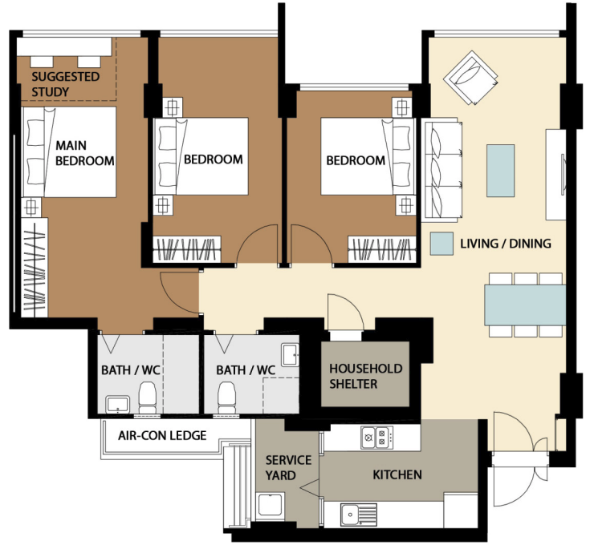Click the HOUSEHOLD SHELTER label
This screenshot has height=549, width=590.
pyautogui.click(x=366, y=376)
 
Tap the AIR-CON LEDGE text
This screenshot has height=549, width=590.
pyautogui.click(x=162, y=435)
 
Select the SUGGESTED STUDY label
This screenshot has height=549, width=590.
pyautogui.click(x=66, y=84)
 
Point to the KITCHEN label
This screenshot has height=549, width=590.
pyautogui.click(x=397, y=475)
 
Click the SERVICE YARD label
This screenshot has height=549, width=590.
pyautogui.click(x=288, y=468)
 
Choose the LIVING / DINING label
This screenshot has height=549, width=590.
pyautogui.click(x=506, y=244)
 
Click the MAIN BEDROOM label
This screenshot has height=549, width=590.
pyautogui.click(x=85, y=153)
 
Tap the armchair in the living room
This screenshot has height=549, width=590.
pyautogui.click(x=470, y=77)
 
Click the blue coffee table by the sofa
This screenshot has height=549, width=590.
pyautogui.click(x=500, y=171)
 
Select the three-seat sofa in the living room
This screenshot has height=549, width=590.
pyautogui.click(x=442, y=170)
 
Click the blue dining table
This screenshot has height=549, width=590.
pyautogui.click(x=525, y=305)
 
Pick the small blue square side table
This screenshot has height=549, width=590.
pyautogui.click(x=441, y=244)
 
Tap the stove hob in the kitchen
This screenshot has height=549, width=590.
pyautogui.click(x=377, y=437)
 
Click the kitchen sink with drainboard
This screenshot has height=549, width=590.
pyautogui.click(x=359, y=515)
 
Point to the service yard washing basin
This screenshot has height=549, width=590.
pyautogui.click(x=271, y=505)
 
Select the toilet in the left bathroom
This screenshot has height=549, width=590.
pyautogui.click(x=148, y=398)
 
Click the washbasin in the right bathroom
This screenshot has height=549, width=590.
pyautogui.click(x=291, y=355)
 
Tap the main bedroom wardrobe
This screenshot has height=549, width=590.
pyautogui.click(x=35, y=267)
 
